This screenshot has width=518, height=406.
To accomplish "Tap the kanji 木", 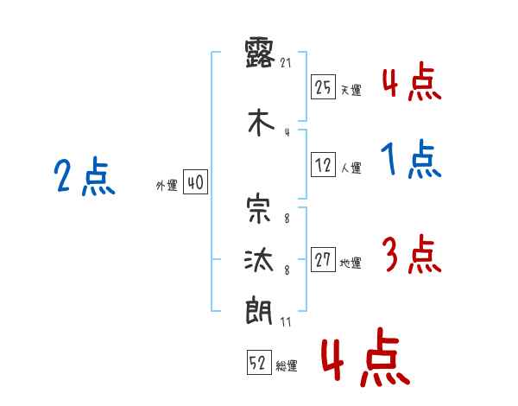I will (x=259, y=123).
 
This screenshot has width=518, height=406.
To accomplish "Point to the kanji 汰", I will (x=259, y=258).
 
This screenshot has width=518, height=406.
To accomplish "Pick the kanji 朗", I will (x=259, y=309).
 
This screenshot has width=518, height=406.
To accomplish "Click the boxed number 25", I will (x=323, y=87).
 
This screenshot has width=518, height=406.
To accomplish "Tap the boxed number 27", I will (x=323, y=261).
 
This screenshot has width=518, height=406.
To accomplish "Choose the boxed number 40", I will (x=195, y=182).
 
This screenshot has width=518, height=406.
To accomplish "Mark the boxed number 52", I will (x=258, y=364).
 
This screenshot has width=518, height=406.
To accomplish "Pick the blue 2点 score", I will (x=84, y=178).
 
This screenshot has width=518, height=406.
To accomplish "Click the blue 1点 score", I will (x=411, y=159).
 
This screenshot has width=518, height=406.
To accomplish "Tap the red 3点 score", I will (x=411, y=254).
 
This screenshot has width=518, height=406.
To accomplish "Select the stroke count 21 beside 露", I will (x=287, y=62).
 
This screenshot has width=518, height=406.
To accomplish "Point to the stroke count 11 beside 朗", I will (x=287, y=321).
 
